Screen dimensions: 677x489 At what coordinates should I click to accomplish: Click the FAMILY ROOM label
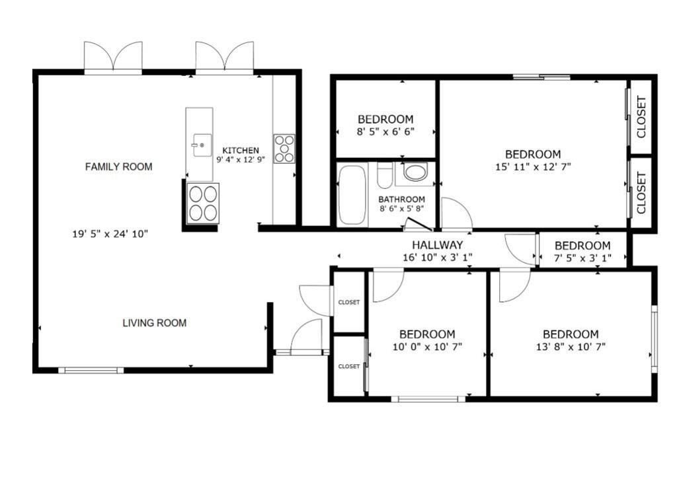[119, 167]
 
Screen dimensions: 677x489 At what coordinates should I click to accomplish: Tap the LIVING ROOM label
[155, 323]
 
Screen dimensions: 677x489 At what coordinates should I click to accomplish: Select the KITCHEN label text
[241, 150]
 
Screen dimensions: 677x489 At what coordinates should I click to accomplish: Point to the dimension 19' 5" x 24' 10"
[110, 234]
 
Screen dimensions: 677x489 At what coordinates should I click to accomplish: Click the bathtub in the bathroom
[352, 195]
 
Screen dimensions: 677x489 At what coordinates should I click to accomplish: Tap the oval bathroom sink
[415, 172]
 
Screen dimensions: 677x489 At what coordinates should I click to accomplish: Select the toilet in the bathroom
[385, 175]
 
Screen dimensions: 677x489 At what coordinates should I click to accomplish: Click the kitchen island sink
[202, 145]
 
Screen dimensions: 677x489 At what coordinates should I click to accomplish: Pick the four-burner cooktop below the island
[203, 203]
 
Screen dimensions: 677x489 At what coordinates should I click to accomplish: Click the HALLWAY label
[438, 245]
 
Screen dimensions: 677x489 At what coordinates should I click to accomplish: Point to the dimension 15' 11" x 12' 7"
[534, 167]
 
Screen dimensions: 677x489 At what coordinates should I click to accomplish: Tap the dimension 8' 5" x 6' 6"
[385, 132]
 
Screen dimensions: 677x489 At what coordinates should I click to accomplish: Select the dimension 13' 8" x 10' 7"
[571, 346]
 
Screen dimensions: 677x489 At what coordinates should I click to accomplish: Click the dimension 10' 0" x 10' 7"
[428, 346]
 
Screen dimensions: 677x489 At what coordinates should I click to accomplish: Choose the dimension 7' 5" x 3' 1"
[583, 258]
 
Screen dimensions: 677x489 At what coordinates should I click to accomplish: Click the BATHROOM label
[401, 200]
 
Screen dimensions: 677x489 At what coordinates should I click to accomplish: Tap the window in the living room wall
[91, 370]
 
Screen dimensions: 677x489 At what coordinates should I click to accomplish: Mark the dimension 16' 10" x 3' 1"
[438, 258]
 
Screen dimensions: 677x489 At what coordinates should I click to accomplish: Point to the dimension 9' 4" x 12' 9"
[241, 159]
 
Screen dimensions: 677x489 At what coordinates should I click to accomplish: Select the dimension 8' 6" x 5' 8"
[401, 209]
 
